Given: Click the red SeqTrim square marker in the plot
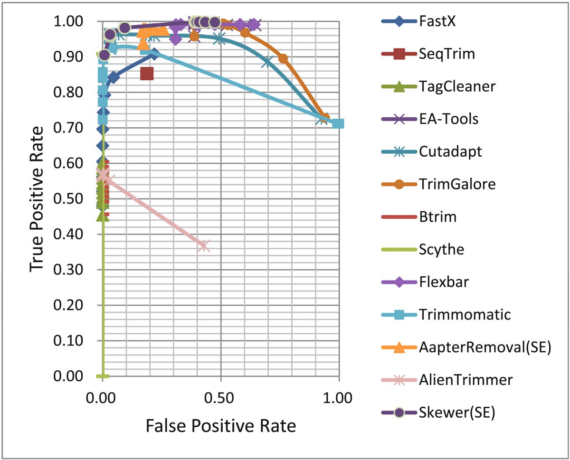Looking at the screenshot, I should point(147,74).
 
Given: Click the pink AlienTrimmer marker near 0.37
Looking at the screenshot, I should point(204,245).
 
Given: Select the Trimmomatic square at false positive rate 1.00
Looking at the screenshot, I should point(338,123).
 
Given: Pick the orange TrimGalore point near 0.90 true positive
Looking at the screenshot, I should point(283,58).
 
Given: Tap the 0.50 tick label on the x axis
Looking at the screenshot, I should point(220,398).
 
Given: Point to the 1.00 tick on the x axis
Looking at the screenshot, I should point(338,398).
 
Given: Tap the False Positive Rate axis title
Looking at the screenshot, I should point(221,426).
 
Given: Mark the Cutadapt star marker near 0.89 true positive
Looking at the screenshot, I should point(267,62).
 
